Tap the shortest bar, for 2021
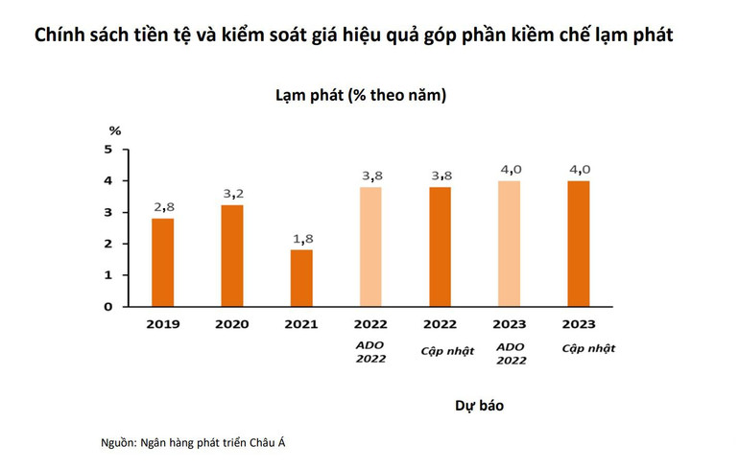click(x=300, y=278)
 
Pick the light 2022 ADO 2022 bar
click(x=369, y=246)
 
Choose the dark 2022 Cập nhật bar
click(x=440, y=246)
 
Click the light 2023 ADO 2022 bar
click(x=509, y=244)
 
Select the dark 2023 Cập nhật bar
click(x=578, y=244)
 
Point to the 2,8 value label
click(x=163, y=207)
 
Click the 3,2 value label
click(x=232, y=194)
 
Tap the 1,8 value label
click(x=301, y=238)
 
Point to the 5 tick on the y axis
click(x=109, y=150)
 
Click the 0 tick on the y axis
click(x=109, y=307)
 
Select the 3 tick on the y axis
click(x=109, y=213)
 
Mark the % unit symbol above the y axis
click(x=115, y=130)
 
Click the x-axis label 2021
click(x=300, y=324)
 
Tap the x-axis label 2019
click(x=162, y=324)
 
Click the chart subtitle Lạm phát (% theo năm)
click(x=360, y=96)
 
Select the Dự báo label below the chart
click(x=479, y=406)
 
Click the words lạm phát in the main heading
click(x=628, y=36)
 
